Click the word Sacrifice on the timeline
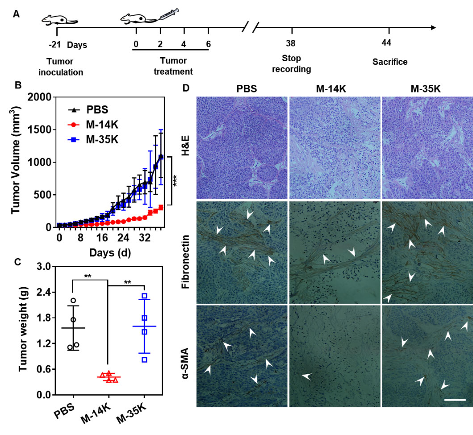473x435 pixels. click(390, 62)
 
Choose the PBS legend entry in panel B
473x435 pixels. click(89, 110)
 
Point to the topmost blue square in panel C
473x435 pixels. click(144, 296)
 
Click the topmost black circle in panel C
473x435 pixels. click(73, 301)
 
